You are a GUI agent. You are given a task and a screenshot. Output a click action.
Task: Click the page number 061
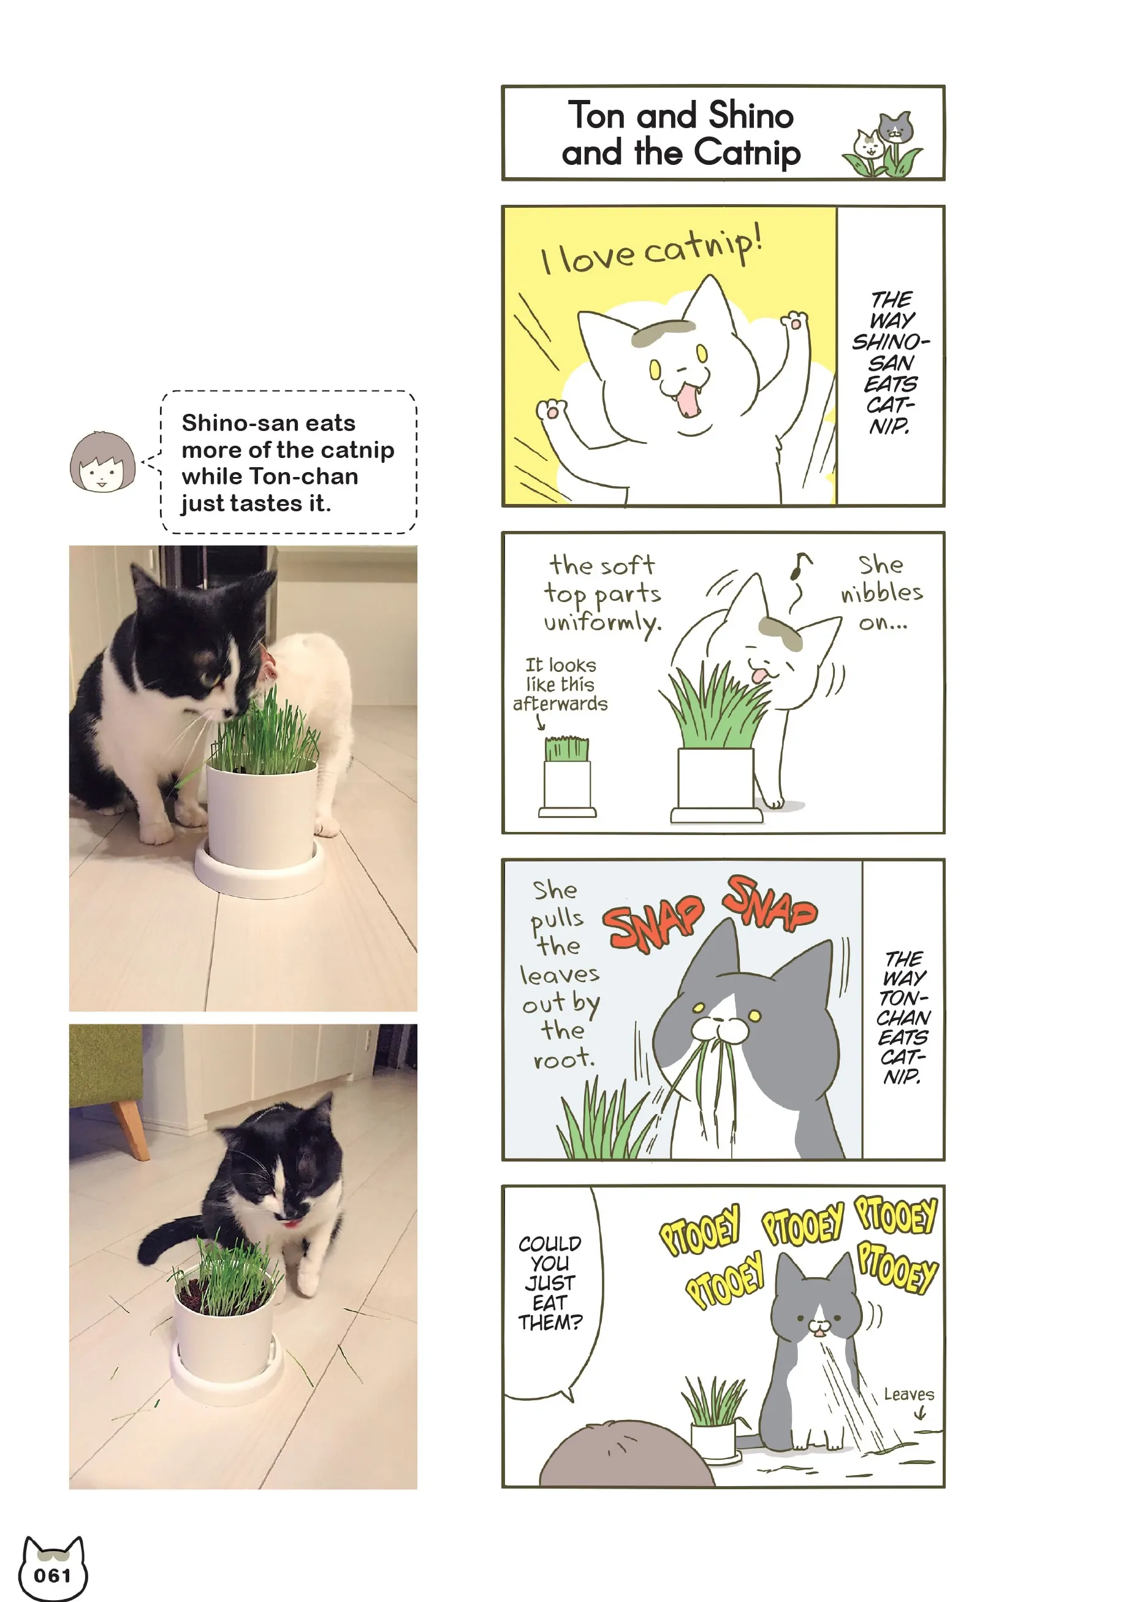52,1576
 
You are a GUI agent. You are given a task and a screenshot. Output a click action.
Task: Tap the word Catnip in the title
747,153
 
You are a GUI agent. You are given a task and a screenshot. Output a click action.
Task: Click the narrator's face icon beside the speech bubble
102,462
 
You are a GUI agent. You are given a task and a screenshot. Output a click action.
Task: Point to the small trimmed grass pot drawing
567,777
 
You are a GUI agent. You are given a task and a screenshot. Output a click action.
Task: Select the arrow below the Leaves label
921,1413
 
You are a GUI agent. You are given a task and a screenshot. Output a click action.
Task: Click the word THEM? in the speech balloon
550,1322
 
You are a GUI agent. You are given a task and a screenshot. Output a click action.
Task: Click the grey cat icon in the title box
895,128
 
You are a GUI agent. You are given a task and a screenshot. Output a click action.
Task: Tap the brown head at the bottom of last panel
626,1455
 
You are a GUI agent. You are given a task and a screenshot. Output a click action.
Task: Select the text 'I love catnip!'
652,250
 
